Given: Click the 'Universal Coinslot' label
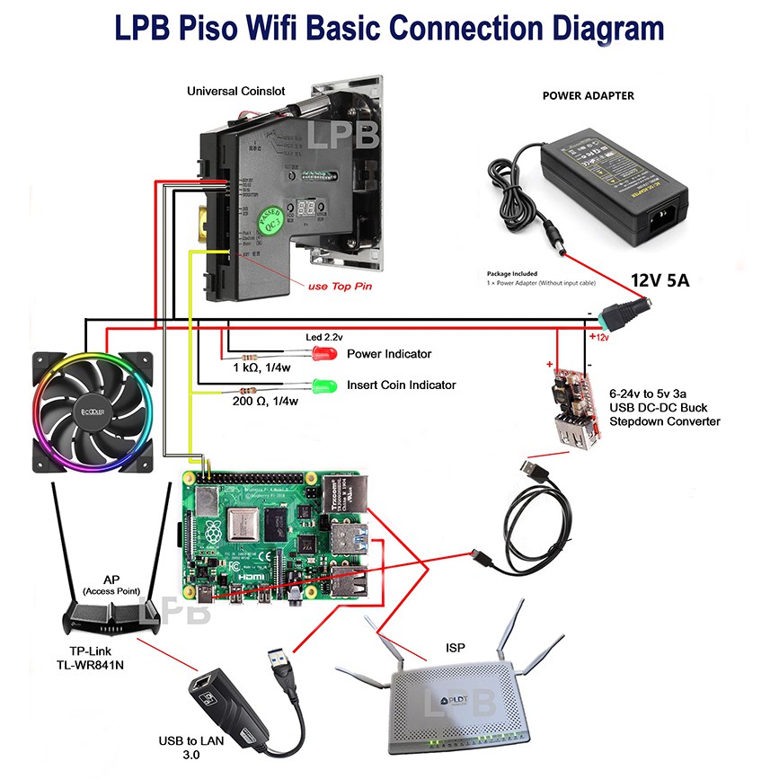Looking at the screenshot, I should [x=237, y=91].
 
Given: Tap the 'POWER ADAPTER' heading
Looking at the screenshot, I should [x=588, y=95].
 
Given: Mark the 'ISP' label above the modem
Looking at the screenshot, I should [x=456, y=647].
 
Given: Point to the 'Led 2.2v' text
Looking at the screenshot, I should [x=324, y=336].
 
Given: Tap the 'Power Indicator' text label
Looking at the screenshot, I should [x=389, y=353].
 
